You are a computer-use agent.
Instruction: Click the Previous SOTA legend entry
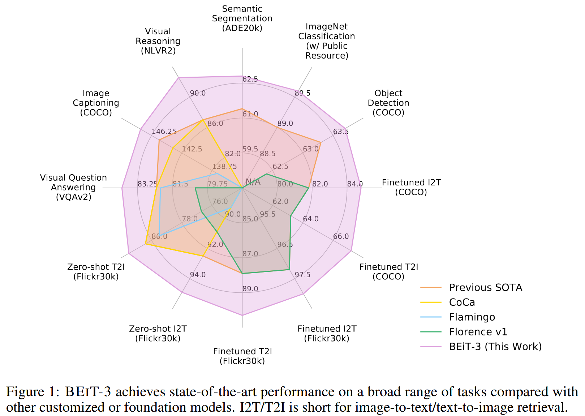coord(485,288)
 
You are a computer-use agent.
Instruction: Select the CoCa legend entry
coord(462,303)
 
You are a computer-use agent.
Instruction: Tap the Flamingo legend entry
coord(472,317)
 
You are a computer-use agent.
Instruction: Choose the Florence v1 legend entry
coord(478,332)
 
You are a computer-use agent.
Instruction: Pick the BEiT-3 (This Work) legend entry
coord(495,347)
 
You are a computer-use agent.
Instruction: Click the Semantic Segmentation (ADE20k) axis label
coord(242,18)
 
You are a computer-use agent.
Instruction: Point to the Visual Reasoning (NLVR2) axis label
coord(158,41)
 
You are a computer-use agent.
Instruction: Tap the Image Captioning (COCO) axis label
coord(96,103)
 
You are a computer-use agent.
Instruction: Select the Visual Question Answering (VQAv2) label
coord(73,187)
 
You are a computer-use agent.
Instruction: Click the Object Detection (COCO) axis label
coord(388,103)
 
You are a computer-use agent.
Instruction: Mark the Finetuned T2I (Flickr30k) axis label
coord(242,356)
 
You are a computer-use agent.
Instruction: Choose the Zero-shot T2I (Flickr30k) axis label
coord(96,272)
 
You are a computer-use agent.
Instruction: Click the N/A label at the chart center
coord(253,182)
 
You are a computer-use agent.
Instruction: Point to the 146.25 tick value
coord(164,132)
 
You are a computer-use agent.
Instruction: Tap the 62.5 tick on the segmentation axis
coord(250,79)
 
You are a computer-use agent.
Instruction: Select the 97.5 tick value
coord(302,275)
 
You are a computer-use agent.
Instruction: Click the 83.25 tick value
coord(147,184)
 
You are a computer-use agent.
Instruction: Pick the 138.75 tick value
coord(225,167)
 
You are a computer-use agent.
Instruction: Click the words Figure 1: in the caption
coord(33,392)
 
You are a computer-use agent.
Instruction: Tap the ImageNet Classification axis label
coord(327,41)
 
